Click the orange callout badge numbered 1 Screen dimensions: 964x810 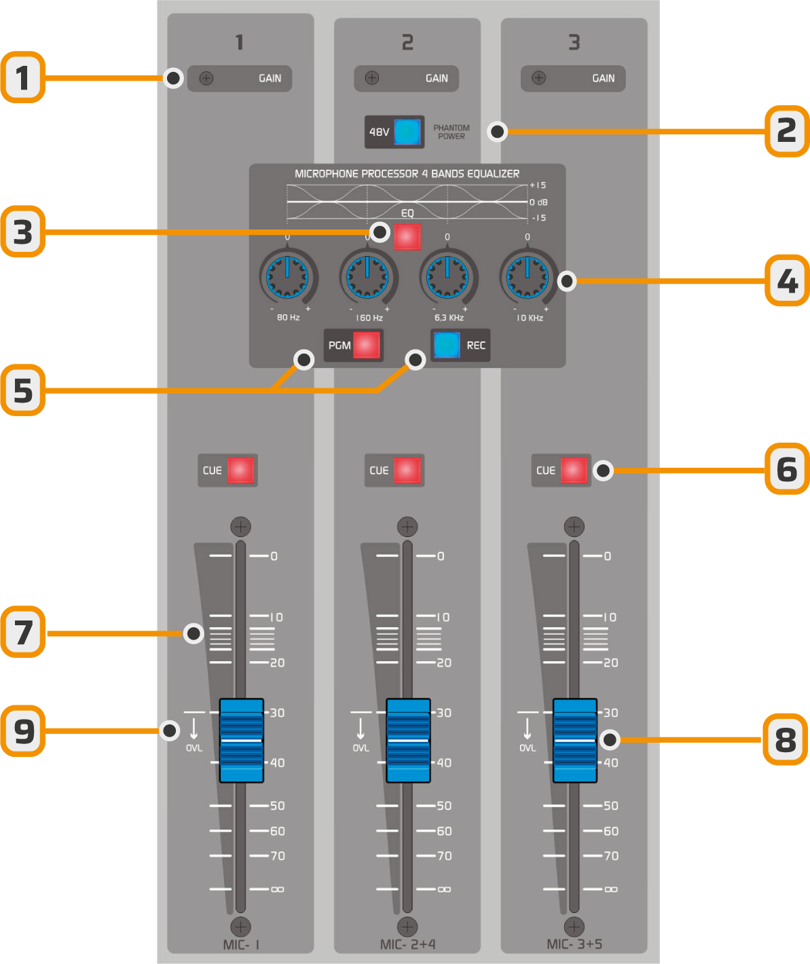23,77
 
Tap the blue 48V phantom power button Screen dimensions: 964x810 407,132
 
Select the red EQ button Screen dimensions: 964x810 407,237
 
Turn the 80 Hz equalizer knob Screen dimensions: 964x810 287,277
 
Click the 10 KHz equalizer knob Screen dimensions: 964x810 528,277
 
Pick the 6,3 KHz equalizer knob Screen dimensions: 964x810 447,277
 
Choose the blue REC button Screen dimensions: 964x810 447,345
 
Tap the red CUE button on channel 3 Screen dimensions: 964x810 574,470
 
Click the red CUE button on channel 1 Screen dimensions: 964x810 240,470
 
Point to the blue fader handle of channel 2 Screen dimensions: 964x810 408,740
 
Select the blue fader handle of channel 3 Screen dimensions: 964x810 575,740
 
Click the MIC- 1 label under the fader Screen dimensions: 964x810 241,944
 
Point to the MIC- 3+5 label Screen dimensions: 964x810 574,944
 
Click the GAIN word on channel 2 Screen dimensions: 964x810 437,78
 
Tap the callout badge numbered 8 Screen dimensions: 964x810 786,739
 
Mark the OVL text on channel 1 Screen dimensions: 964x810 194,748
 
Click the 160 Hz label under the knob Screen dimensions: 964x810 369,318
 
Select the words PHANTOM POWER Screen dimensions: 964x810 452,132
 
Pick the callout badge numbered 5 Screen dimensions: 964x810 23,390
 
